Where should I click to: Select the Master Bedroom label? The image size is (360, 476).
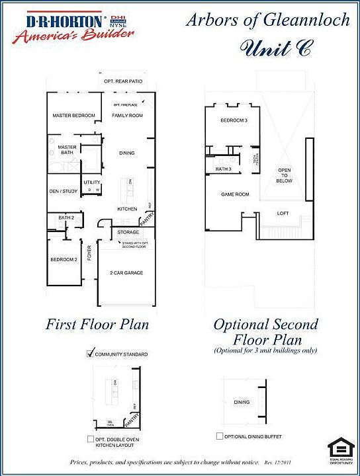pyautogui.click(x=73, y=116)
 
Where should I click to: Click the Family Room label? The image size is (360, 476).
pyautogui.click(x=127, y=116)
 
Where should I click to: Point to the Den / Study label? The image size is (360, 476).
pyautogui.click(x=64, y=191)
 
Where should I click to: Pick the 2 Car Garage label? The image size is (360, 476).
pyautogui.click(x=126, y=272)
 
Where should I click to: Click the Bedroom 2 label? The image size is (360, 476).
pyautogui.click(x=64, y=260)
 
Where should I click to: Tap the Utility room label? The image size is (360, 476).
pyautogui.click(x=91, y=182)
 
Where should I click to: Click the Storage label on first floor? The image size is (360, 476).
pyautogui.click(x=128, y=232)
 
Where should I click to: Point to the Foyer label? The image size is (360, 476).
pyautogui.click(x=89, y=253)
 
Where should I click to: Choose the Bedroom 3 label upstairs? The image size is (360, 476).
pyautogui.click(x=234, y=120)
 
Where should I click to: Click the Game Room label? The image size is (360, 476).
pyautogui.click(x=234, y=194)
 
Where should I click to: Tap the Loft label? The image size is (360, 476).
pyautogui.click(x=283, y=214)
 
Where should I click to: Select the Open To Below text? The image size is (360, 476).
pyautogui.click(x=284, y=175)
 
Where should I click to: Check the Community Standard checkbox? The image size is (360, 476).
pyautogui.click(x=91, y=354)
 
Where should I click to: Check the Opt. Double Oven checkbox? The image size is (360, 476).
pyautogui.click(x=91, y=439)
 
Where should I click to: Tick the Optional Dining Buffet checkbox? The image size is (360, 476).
pyautogui.click(x=219, y=436)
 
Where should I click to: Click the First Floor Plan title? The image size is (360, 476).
pyautogui.click(x=97, y=325)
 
